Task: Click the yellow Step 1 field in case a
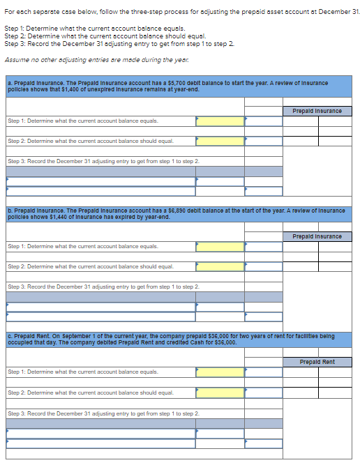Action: point(220,121)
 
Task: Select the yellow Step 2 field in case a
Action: point(220,141)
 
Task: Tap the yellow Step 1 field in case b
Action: point(220,246)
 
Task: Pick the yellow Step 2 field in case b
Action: point(220,266)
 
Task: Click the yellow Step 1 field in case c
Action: point(220,372)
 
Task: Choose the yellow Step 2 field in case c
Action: point(220,392)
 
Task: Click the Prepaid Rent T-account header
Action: point(317,362)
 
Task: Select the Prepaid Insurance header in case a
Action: point(317,111)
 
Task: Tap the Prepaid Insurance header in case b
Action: point(317,236)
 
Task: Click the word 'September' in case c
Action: point(72,335)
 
